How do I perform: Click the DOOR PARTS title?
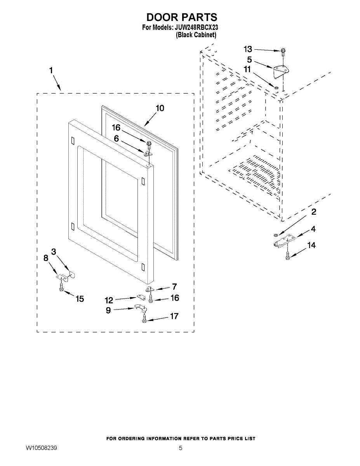[x=181, y=17]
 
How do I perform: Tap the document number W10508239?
[x=42, y=448]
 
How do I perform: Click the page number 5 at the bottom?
[x=180, y=448]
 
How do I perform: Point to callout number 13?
[x=248, y=49]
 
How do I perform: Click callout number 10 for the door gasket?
[x=160, y=108]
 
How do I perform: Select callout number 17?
[x=174, y=316]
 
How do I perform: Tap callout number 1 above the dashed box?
[x=51, y=71]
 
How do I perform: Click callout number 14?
[x=311, y=245]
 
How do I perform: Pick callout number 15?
[x=80, y=299]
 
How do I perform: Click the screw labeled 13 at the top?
[x=283, y=51]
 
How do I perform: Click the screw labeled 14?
[x=287, y=256]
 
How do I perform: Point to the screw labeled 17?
[x=144, y=318]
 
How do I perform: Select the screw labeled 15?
[x=61, y=288]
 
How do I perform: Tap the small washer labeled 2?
[x=275, y=234]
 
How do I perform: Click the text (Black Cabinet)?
[x=196, y=35]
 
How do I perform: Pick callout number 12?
[x=109, y=300]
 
